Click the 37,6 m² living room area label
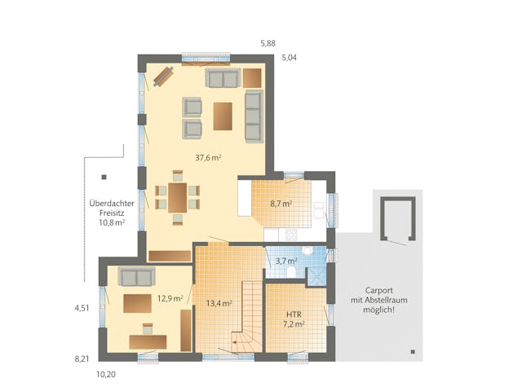(208, 158)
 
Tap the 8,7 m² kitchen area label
(281, 204)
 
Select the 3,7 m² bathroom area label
(286, 261)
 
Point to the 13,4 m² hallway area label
(219, 303)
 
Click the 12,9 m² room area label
(169, 298)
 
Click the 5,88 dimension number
(268, 42)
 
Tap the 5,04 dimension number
(290, 58)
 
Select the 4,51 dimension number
(82, 309)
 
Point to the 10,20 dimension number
(107, 375)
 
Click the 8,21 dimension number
(82, 358)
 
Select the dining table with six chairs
(177, 196)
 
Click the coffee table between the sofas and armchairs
(223, 116)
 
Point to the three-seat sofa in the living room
(253, 116)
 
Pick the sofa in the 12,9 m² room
(135, 275)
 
